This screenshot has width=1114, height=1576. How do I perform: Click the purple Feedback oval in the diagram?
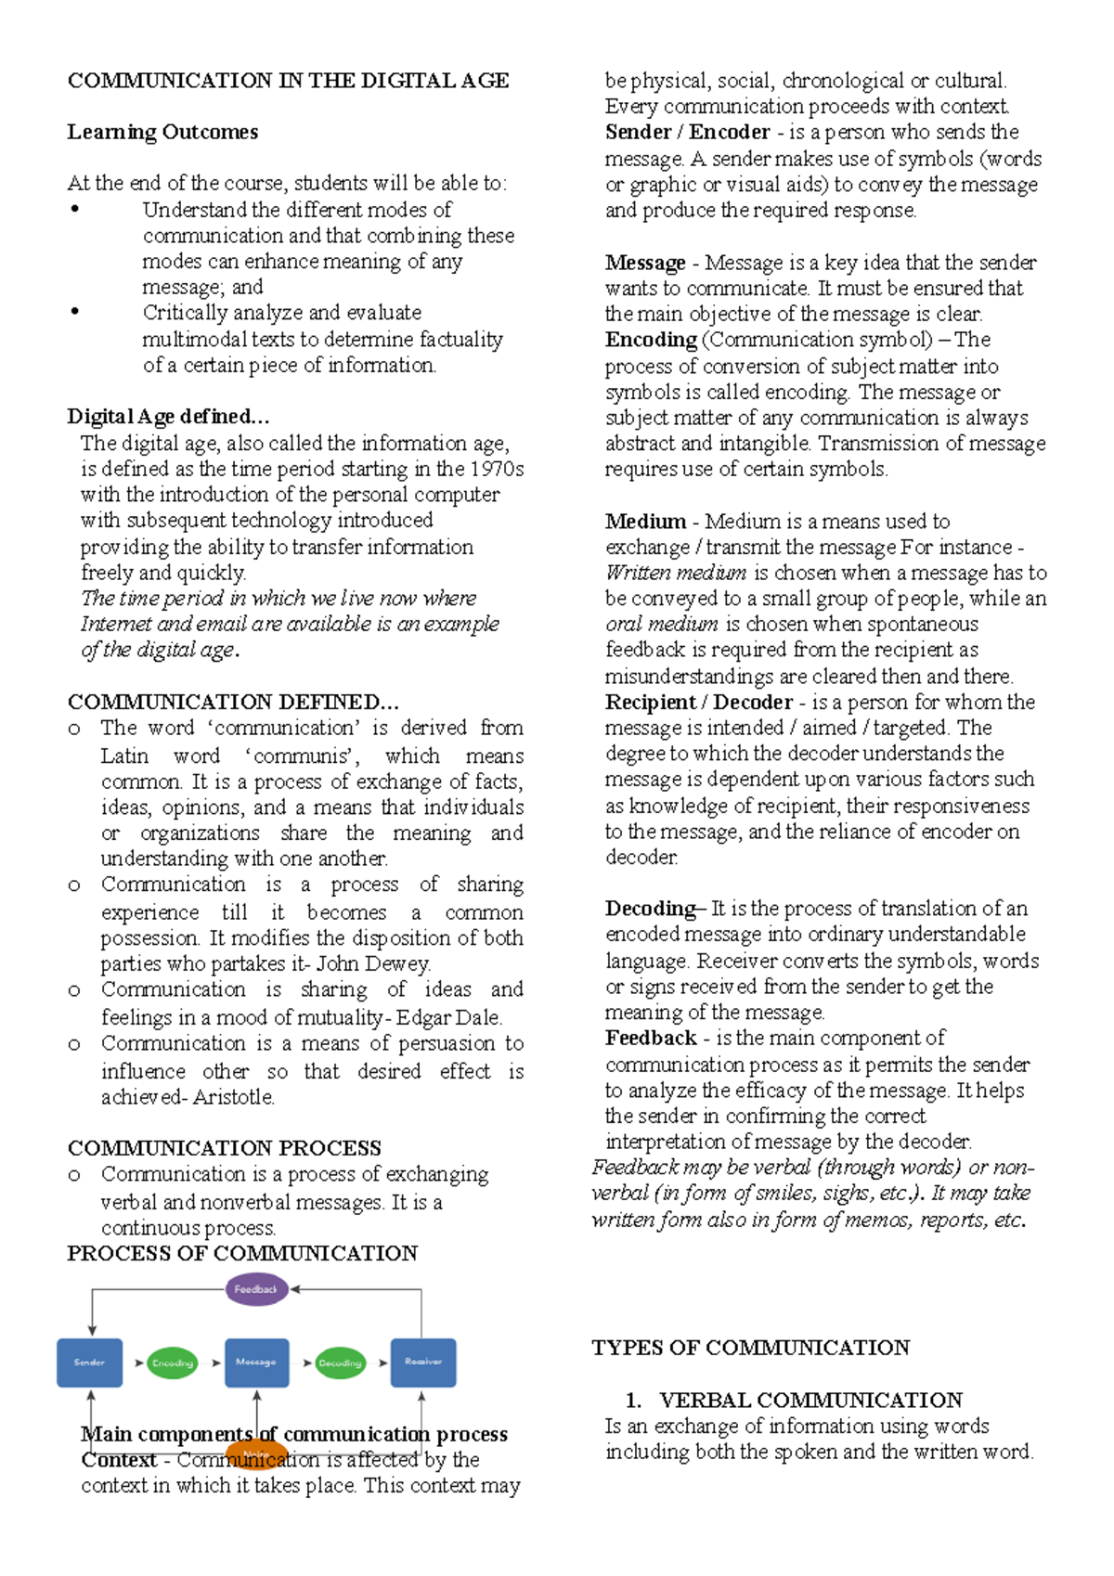click(x=257, y=1289)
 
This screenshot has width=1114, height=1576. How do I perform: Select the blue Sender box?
click(x=90, y=1363)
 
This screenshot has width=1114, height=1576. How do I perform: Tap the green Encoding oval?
click(x=173, y=1363)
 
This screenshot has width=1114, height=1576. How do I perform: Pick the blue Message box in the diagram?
click(x=257, y=1363)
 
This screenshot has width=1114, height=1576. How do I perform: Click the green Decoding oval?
click(x=340, y=1363)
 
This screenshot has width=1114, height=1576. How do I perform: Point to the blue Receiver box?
click(x=423, y=1363)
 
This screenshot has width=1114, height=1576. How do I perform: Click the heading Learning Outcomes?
click(x=162, y=132)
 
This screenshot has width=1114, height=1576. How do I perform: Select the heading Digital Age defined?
click(x=168, y=416)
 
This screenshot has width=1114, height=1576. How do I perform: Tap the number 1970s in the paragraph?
click(x=497, y=469)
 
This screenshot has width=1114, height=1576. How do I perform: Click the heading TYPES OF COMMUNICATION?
click(x=750, y=1348)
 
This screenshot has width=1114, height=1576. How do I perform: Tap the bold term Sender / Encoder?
click(x=687, y=132)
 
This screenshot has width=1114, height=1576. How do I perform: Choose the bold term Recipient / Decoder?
click(x=698, y=702)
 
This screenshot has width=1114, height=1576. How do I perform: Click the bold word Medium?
click(x=645, y=522)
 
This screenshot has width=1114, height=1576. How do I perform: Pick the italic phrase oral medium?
click(x=661, y=624)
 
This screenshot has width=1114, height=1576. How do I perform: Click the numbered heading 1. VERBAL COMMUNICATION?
click(x=794, y=1400)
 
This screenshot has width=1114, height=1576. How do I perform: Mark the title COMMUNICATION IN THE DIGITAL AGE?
click(x=288, y=81)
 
